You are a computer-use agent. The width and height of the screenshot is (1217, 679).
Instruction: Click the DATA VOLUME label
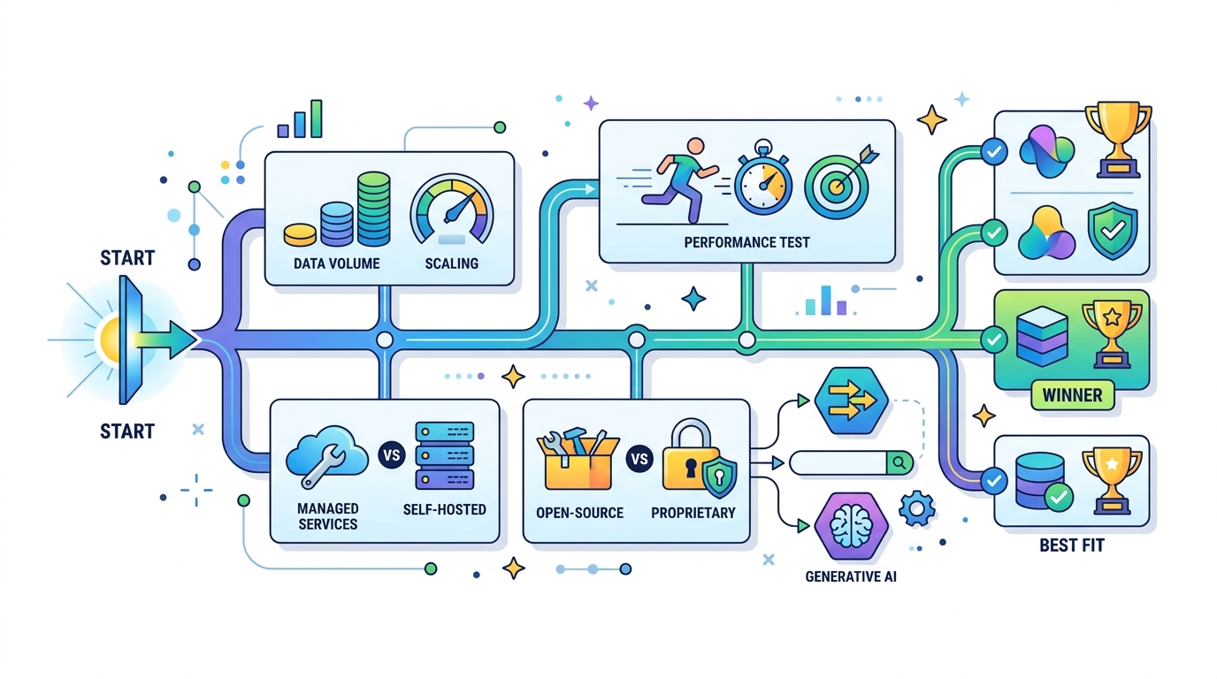click(x=336, y=263)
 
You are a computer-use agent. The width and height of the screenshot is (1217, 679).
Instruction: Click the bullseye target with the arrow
click(x=840, y=182)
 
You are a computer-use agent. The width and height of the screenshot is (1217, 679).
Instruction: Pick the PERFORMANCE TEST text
click(x=746, y=242)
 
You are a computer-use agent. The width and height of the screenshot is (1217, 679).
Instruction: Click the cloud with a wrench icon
click(x=326, y=455)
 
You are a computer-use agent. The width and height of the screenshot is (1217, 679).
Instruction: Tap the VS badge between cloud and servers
click(x=392, y=454)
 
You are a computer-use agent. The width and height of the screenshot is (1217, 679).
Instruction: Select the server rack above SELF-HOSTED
click(x=444, y=455)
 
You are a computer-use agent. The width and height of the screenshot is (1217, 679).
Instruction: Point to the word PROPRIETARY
click(x=693, y=513)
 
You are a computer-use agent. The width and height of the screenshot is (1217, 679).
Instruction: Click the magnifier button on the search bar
click(x=899, y=463)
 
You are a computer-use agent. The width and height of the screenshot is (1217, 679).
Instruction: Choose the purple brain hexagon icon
click(x=852, y=526)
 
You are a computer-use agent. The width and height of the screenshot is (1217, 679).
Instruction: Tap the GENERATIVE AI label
click(x=851, y=576)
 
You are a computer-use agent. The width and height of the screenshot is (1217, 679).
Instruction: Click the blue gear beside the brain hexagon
click(x=917, y=509)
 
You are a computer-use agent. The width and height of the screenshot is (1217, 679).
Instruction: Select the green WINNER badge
click(x=1073, y=395)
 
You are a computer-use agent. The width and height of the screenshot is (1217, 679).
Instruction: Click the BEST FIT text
click(x=1072, y=545)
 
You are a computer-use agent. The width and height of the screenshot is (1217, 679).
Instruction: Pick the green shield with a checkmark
click(x=1113, y=231)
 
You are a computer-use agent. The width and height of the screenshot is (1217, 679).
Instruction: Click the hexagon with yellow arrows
click(x=852, y=401)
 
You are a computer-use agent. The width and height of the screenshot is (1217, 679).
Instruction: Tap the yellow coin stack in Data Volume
click(x=300, y=234)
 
